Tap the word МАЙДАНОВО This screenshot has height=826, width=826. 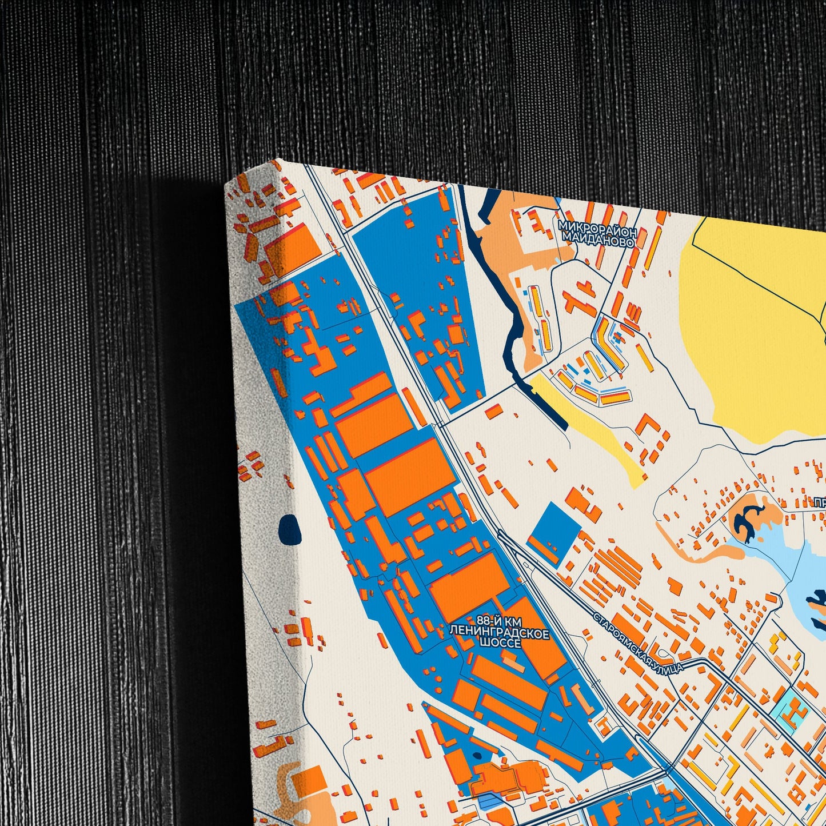click(x=598, y=242)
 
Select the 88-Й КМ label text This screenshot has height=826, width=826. click(x=498, y=621)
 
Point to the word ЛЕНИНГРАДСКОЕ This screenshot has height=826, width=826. click(x=500, y=633)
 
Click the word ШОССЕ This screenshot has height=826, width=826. click(x=500, y=644)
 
